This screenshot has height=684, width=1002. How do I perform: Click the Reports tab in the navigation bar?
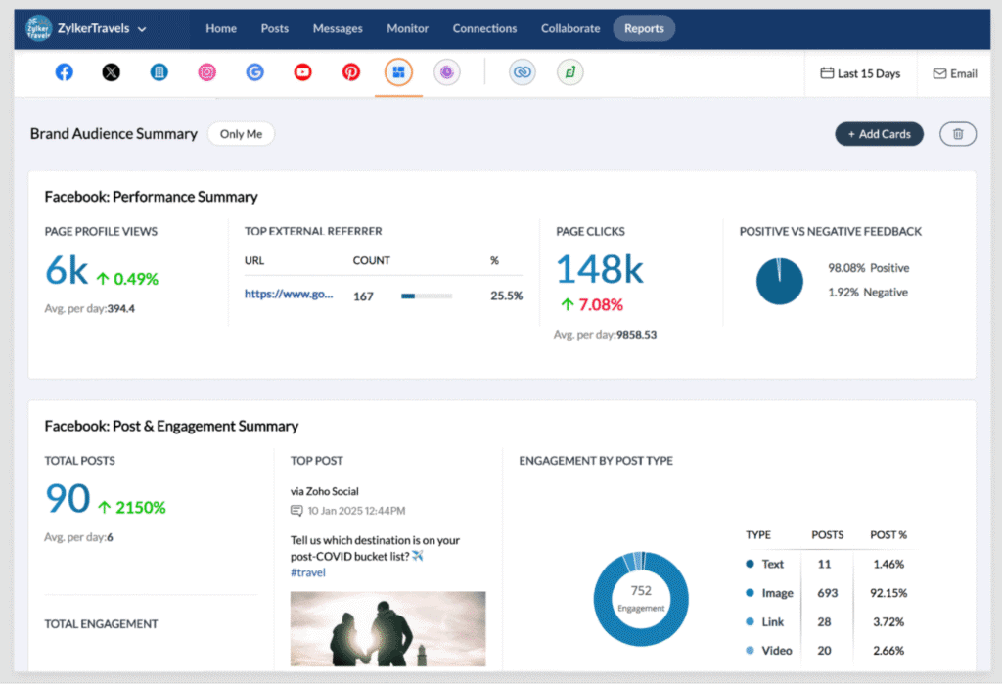click(x=644, y=28)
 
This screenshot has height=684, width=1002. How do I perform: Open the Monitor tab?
click(x=407, y=28)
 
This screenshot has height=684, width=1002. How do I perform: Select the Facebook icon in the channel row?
click(x=65, y=72)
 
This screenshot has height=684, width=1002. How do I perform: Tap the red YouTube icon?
click(x=302, y=72)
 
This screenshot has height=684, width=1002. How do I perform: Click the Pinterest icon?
click(x=350, y=72)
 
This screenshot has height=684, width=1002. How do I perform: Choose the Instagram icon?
click(x=207, y=72)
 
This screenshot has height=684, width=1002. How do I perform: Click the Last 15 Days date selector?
click(x=860, y=73)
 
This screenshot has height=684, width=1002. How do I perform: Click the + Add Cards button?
click(x=879, y=134)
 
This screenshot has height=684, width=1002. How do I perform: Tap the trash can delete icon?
click(x=958, y=134)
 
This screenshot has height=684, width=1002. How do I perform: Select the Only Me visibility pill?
click(x=241, y=134)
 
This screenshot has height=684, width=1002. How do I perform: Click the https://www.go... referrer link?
click(x=289, y=294)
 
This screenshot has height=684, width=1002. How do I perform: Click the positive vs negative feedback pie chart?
click(x=779, y=281)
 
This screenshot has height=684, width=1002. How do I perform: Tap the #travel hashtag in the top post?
click(x=307, y=572)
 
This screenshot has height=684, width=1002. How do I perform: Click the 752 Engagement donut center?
click(x=641, y=597)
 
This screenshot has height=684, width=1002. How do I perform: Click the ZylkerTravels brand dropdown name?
click(x=94, y=28)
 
